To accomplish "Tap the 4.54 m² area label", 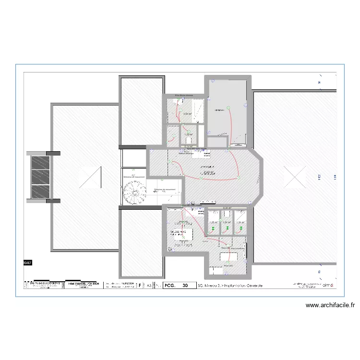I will coord(187,114).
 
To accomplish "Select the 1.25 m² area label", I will coord(213,222).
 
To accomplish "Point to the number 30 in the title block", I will coord(185,285).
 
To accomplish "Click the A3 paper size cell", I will coord(149,285).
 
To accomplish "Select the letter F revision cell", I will coord(140,285).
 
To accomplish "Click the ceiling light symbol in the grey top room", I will coord(229,107).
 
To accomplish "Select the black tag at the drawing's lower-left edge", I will coord(26,263).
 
